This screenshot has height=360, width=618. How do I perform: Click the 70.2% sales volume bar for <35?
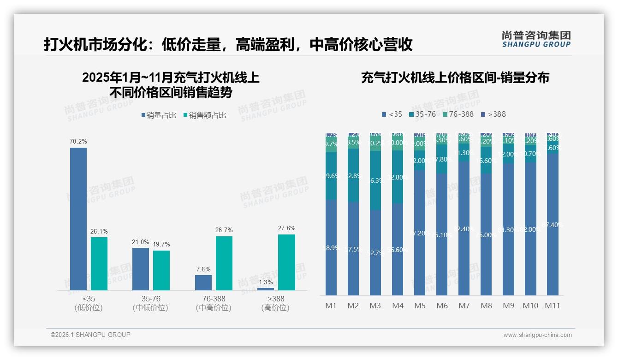[78, 219]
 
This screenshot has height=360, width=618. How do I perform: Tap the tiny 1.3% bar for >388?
[266, 289]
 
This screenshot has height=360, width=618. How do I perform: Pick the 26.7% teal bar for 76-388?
[224, 263]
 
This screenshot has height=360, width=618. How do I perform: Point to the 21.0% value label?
[141, 242]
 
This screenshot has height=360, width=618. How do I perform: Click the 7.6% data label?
[203, 269]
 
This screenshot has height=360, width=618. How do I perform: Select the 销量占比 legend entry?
[159, 115]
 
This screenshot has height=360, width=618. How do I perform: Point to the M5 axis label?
[420, 306]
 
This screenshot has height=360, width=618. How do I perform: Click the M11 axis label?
[552, 306]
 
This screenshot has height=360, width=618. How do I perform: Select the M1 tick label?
[331, 306]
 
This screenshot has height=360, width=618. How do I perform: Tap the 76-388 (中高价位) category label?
[214, 303]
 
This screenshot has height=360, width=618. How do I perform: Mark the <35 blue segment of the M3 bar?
[375, 253]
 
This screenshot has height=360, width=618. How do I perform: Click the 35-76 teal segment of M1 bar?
[331, 176]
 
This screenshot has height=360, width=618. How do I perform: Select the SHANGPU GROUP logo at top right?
[536, 39]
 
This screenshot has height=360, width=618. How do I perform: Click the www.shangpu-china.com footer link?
[537, 335]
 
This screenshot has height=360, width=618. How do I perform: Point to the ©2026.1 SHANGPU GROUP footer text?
[90, 335]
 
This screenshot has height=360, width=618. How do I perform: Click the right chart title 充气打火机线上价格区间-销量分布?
[455, 78]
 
